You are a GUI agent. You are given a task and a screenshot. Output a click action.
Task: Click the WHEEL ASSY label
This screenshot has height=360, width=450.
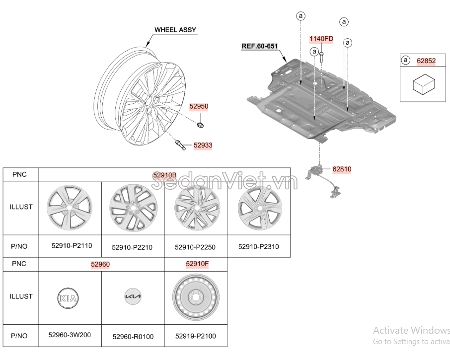click(175, 30)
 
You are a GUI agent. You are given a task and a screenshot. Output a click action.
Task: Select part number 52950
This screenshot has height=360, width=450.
click(199, 106)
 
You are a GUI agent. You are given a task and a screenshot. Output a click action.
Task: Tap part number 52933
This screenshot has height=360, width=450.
click(203, 145)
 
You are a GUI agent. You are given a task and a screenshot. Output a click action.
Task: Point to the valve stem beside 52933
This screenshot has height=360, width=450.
click(180, 145)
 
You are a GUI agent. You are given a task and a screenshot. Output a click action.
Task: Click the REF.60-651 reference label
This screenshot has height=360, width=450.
click(259, 46)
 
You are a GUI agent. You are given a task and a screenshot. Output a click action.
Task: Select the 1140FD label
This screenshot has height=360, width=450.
click(321, 38)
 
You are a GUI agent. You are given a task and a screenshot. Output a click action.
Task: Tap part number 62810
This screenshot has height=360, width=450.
click(342, 169)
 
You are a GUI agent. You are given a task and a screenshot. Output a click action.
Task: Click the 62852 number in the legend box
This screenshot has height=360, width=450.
click(426, 61)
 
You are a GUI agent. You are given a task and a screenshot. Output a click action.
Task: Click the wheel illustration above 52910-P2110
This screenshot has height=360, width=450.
click(70, 208)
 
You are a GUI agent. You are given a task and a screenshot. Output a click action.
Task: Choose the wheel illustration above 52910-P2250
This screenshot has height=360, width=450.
click(196, 208)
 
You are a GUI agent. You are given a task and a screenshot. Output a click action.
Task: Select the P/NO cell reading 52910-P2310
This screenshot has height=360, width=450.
click(258, 246)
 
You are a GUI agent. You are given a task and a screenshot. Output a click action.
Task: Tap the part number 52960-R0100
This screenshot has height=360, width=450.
click(133, 337)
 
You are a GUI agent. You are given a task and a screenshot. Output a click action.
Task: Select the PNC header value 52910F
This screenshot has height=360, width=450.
click(197, 264)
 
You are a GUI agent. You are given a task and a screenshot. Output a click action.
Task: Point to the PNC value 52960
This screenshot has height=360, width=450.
click(100, 265)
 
